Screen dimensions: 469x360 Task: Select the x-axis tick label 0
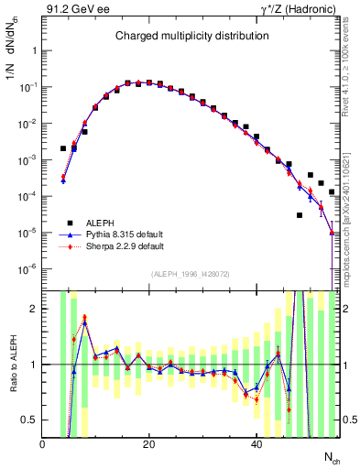click(43, 443)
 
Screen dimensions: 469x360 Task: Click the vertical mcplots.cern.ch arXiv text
click(352, 211)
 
